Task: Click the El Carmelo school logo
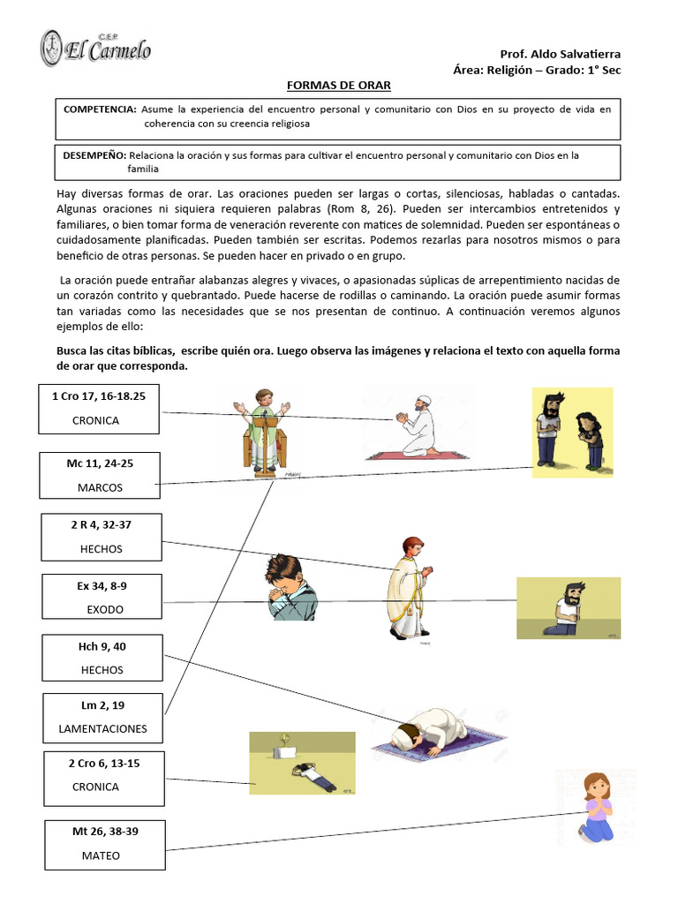click(x=95, y=48)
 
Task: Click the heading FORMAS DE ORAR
click(x=339, y=85)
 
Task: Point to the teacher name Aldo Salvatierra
click(x=576, y=54)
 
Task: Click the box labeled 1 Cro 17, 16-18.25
click(x=100, y=409)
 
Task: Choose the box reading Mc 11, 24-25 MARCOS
click(x=100, y=475)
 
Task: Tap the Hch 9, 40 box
click(x=101, y=659)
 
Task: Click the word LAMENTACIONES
click(x=102, y=729)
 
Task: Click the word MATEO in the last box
click(x=101, y=855)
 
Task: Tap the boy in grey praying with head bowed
click(x=290, y=587)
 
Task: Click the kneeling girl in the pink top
click(x=595, y=805)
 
